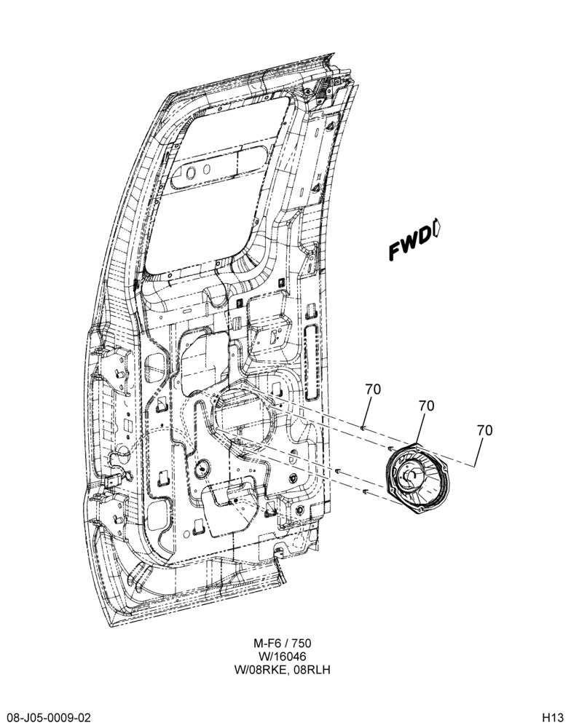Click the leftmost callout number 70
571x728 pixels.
(x=373, y=389)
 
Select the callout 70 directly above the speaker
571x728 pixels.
(x=426, y=405)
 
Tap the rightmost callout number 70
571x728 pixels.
(x=484, y=430)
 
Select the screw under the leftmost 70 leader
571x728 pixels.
(x=363, y=427)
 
